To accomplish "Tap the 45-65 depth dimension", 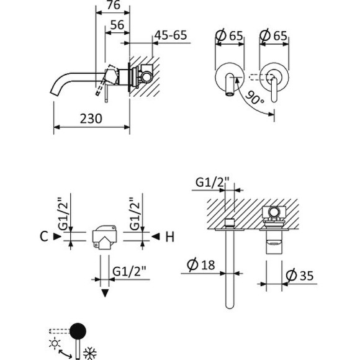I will pos(170,35).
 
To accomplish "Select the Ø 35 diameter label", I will pos(296,275).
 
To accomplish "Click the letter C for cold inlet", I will pos(43,236).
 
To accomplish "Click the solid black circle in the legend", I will pos(79,331).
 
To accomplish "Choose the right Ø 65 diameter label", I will pos(274,35).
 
